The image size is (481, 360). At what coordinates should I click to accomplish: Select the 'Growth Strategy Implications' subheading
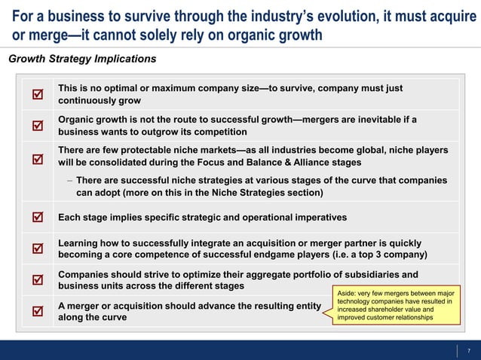click(x=82, y=59)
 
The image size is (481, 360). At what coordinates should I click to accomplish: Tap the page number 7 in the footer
click(x=469, y=350)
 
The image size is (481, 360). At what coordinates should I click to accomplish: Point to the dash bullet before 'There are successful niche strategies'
click(x=69, y=181)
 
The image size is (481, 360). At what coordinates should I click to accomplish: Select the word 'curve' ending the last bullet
click(x=112, y=317)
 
